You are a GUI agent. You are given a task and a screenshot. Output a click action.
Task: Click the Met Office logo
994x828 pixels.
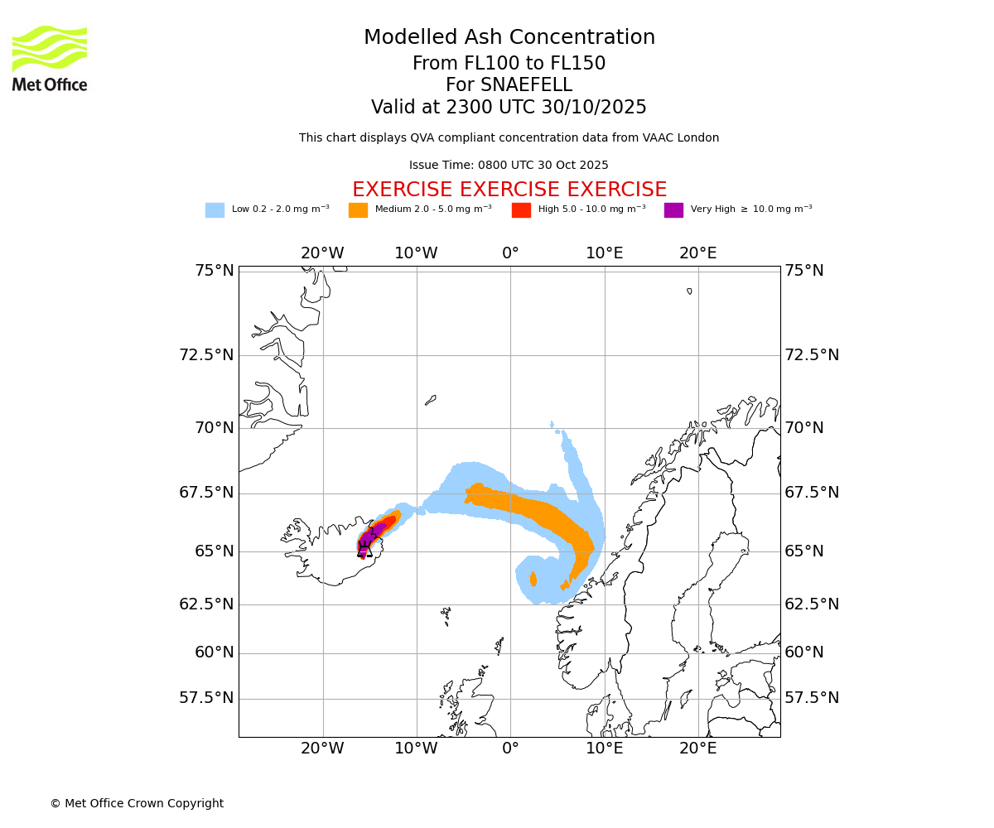tap(50, 58)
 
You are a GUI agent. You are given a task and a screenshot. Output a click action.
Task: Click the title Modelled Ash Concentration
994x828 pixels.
tap(509, 37)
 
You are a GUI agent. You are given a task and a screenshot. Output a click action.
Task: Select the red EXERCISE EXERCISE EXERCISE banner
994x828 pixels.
tap(509, 190)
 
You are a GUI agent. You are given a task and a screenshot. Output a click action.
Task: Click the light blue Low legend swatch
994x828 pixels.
tap(215, 210)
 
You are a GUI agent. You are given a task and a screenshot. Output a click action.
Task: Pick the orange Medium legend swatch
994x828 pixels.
tap(358, 210)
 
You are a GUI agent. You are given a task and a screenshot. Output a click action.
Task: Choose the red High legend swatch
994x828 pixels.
tap(521, 210)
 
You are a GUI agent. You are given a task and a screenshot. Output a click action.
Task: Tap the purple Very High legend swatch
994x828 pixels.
tap(673, 210)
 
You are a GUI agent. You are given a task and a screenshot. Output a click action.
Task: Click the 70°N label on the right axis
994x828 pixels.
tap(804, 428)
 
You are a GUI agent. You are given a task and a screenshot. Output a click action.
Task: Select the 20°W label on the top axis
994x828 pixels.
tap(322, 253)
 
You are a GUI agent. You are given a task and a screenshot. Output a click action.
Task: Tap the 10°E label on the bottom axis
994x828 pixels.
tap(605, 749)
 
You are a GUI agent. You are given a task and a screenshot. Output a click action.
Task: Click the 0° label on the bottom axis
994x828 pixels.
tap(510, 749)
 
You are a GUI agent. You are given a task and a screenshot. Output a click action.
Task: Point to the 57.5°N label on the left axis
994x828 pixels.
tap(206, 698)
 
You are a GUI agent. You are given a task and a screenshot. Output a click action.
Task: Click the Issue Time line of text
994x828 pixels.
tap(509, 166)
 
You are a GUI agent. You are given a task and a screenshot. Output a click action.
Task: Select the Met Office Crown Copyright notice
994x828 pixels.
tap(137, 804)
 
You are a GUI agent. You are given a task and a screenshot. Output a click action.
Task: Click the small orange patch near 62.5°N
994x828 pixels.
tap(533, 579)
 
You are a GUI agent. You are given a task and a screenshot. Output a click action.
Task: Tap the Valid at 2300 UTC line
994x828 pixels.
tap(509, 108)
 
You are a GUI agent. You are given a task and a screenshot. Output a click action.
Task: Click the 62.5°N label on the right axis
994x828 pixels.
tap(812, 604)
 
